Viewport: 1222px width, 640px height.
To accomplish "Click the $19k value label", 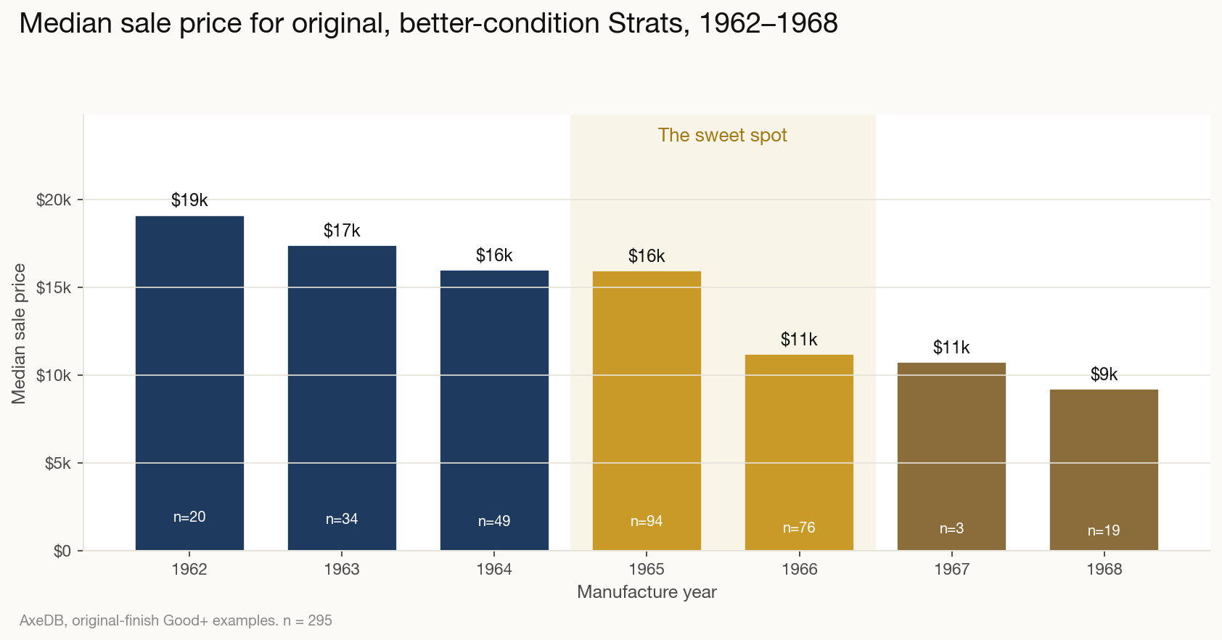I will pyautogui.click(x=189, y=200).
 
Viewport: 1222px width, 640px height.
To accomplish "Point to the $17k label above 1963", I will pyautogui.click(x=342, y=231).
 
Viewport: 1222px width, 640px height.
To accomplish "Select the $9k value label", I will pyautogui.click(x=1104, y=374).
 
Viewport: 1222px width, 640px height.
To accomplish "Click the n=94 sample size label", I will pyautogui.click(x=647, y=521).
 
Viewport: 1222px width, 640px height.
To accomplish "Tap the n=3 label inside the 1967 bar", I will pyautogui.click(x=951, y=528).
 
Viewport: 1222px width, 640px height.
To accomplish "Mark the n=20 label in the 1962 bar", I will pyautogui.click(x=189, y=517).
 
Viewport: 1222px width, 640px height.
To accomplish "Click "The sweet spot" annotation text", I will pyautogui.click(x=722, y=136).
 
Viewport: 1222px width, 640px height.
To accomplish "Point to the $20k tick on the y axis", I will pyautogui.click(x=54, y=200).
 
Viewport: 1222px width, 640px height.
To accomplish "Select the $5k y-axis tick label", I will pyautogui.click(x=57, y=463).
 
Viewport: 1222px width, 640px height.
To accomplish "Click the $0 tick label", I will pyautogui.click(x=62, y=551).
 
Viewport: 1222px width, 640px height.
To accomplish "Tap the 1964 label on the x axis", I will pyautogui.click(x=494, y=570).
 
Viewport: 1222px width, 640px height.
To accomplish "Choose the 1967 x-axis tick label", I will pyautogui.click(x=951, y=570).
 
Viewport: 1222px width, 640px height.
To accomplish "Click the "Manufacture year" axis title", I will pyautogui.click(x=647, y=592).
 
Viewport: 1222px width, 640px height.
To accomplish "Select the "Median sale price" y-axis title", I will pyautogui.click(x=19, y=334).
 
